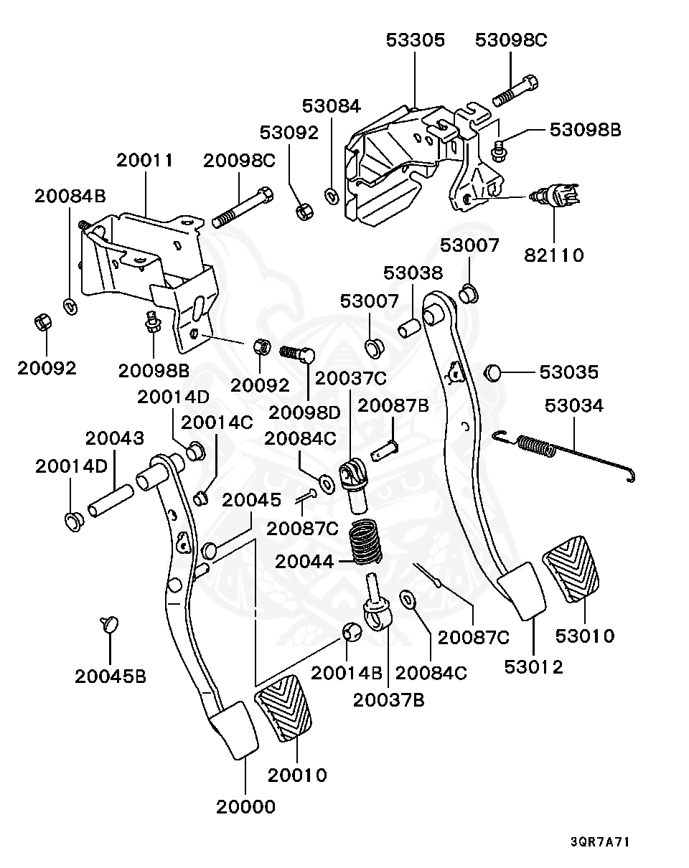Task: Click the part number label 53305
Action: (416, 40)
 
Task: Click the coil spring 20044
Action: (365, 542)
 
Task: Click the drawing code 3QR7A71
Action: (600, 841)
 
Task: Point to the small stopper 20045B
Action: (109, 623)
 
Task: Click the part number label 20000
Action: (245, 806)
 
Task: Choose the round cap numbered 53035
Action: (492, 372)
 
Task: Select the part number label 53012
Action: (533, 666)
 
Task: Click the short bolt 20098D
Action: (297, 353)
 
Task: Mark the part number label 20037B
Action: (388, 699)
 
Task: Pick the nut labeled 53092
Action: (304, 212)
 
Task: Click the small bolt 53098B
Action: (497, 149)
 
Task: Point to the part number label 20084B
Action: (70, 197)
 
